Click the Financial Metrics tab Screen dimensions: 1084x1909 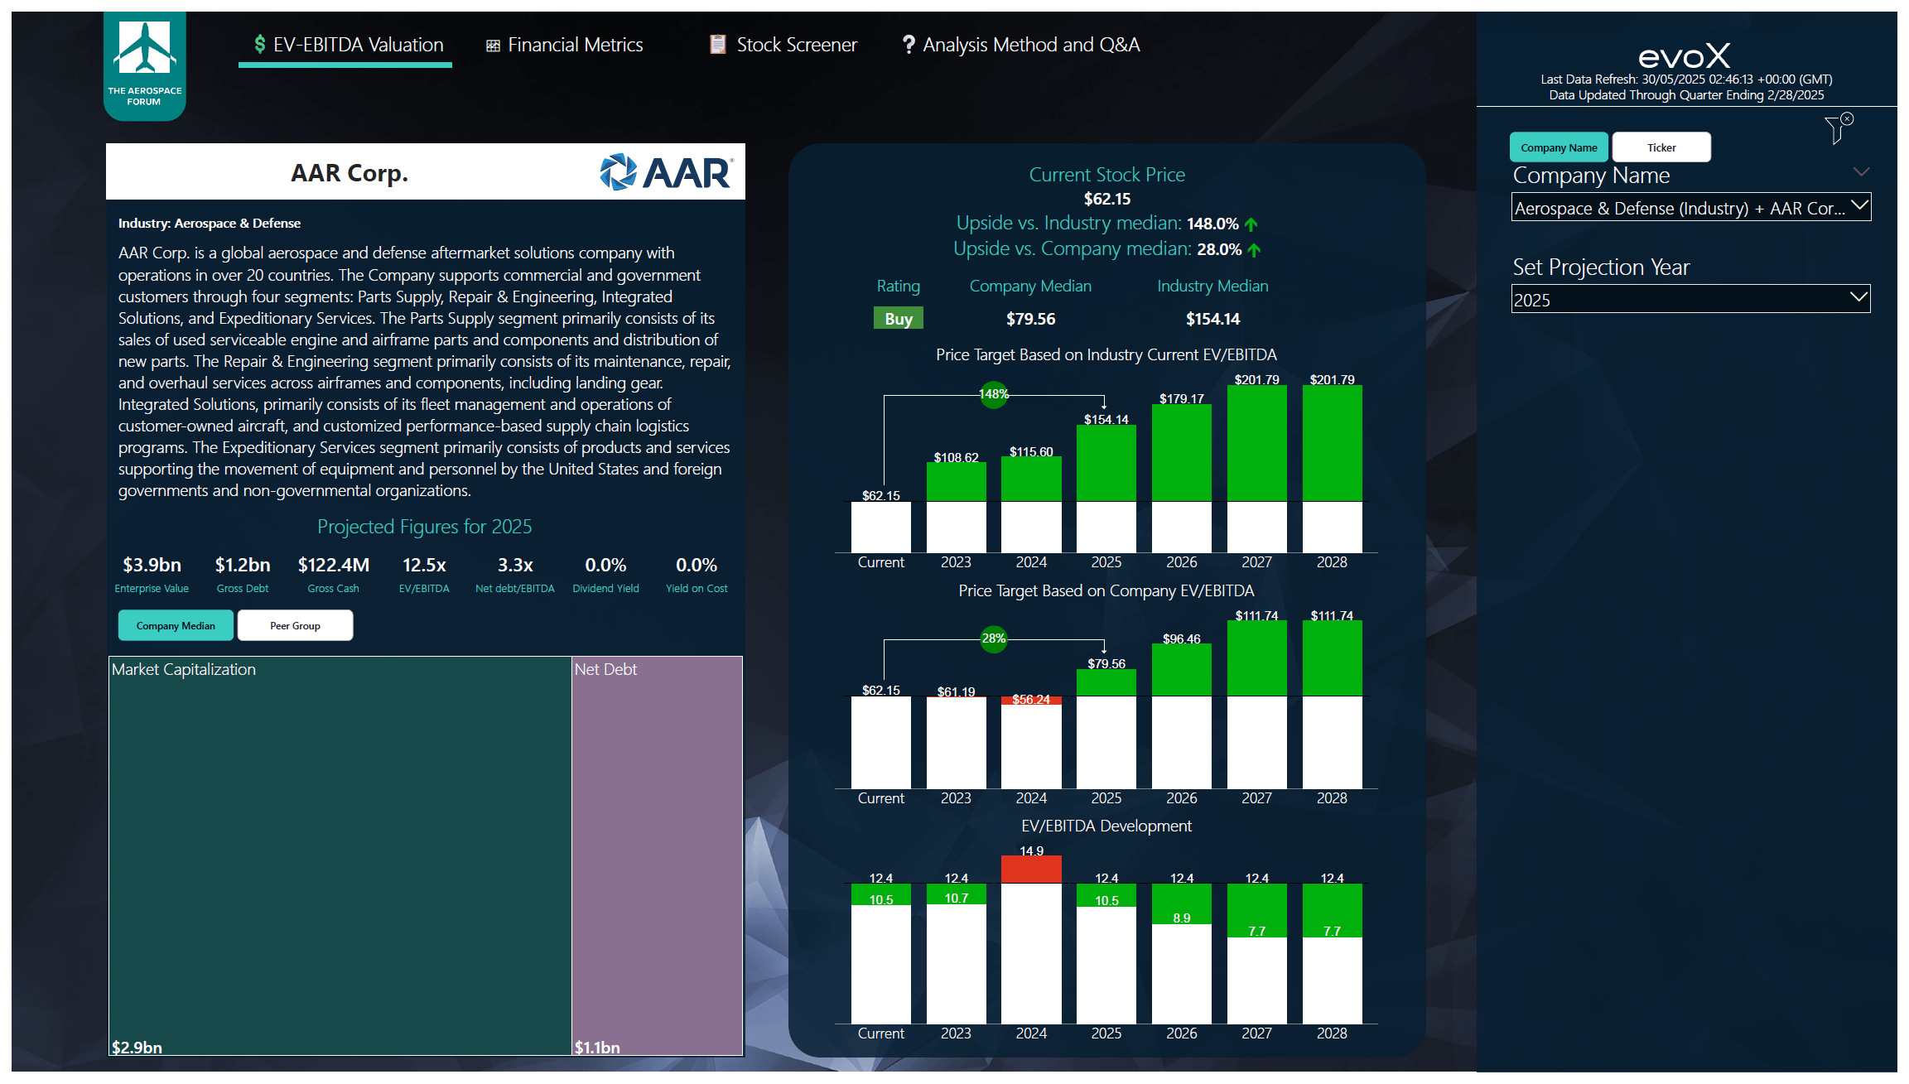(565, 45)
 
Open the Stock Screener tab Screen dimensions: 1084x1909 (783, 45)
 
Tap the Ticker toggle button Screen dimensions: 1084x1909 (1661, 147)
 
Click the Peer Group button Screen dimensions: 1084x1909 (295, 625)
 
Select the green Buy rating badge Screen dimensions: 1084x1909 (898, 319)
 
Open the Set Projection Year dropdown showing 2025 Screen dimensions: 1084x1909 (1690, 300)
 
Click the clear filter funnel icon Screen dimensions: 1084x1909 (1838, 129)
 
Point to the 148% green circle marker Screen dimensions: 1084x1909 (993, 394)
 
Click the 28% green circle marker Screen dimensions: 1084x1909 (993, 638)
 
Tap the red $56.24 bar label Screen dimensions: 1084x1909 (1030, 700)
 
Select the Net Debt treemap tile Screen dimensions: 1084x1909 (657, 853)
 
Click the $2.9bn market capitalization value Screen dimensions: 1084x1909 (137, 1047)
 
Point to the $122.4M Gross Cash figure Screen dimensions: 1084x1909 (333, 565)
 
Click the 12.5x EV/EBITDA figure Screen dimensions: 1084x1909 (424, 565)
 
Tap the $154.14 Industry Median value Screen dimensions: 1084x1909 (1212, 319)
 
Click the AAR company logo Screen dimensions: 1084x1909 (666, 172)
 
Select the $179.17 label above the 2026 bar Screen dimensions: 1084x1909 (1181, 399)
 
